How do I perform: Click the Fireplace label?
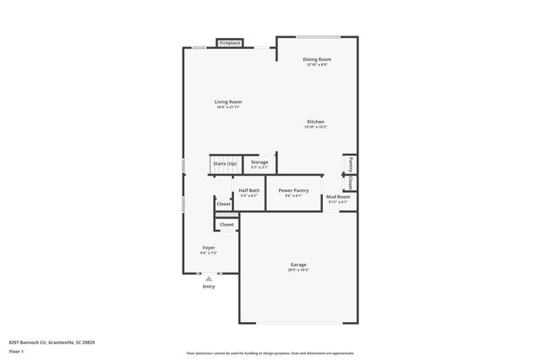[x=230, y=43]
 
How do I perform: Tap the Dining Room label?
[x=317, y=59]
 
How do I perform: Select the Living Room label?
[x=228, y=101]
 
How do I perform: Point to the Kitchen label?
[x=315, y=122]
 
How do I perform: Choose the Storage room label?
[x=260, y=162]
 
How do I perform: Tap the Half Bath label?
[x=249, y=191]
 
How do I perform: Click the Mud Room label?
[x=338, y=197]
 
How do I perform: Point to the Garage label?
[x=299, y=265]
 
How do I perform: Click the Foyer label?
[x=208, y=248]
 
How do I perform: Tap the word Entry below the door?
[x=208, y=286]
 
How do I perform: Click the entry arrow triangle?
[x=208, y=278]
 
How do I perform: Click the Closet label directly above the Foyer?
[x=227, y=225]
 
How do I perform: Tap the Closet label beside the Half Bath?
[x=223, y=204]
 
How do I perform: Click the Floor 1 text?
[x=16, y=350]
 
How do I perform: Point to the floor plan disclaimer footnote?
[x=270, y=353]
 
